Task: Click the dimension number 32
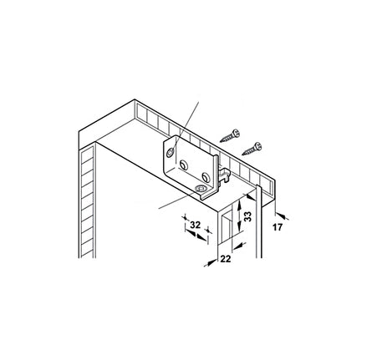click(195, 225)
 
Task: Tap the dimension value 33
click(247, 216)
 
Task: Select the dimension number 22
click(226, 259)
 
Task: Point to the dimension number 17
click(278, 227)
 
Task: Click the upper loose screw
click(230, 136)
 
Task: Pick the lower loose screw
click(252, 149)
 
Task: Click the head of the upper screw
click(237, 133)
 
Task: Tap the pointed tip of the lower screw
click(242, 155)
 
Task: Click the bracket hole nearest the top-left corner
click(170, 153)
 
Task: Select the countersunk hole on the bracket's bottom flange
click(201, 189)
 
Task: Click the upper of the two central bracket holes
click(184, 165)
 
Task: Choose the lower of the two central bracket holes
click(206, 177)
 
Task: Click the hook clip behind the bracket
click(225, 175)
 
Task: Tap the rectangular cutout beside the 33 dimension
click(226, 227)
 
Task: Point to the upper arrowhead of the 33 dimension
click(239, 206)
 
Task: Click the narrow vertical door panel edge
click(259, 221)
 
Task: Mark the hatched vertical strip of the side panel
click(87, 202)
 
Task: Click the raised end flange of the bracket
click(216, 175)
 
